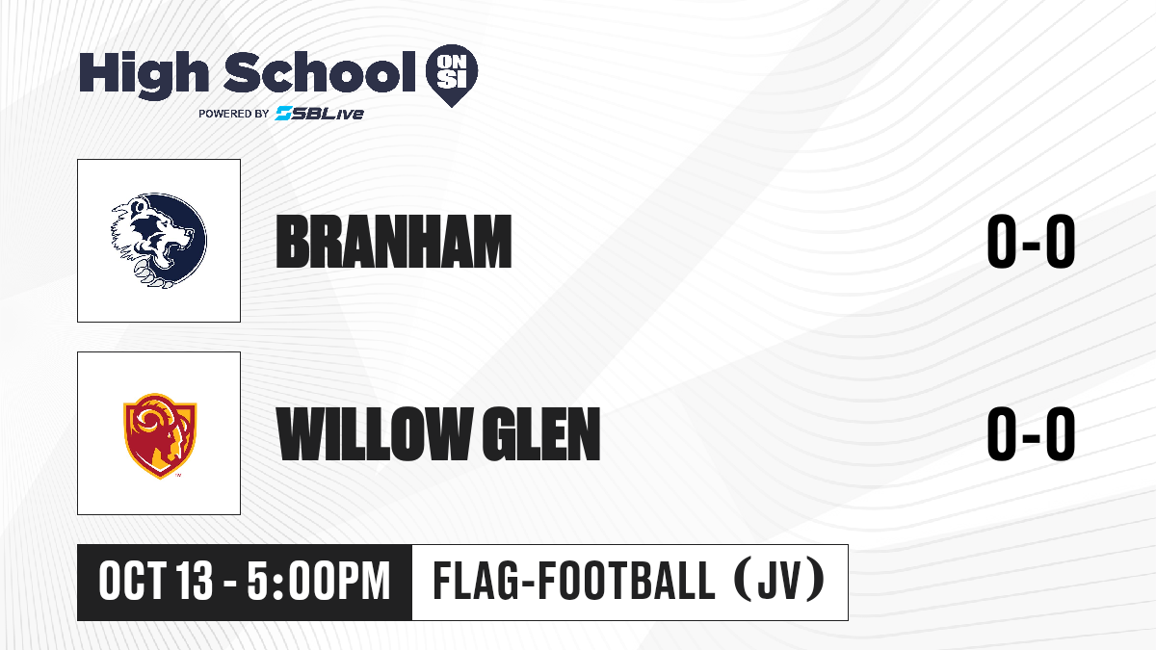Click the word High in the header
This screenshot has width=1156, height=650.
(x=144, y=74)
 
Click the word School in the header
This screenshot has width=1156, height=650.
(x=320, y=72)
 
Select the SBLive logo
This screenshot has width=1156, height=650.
(x=319, y=113)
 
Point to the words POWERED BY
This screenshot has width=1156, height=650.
(x=233, y=114)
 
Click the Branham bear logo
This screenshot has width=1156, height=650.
(x=159, y=241)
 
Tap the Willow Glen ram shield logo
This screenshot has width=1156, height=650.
(x=160, y=436)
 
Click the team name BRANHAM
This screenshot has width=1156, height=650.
(x=394, y=242)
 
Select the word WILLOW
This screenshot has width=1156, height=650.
(x=374, y=433)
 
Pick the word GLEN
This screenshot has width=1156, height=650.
(x=540, y=433)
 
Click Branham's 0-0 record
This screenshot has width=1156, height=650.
(x=1031, y=242)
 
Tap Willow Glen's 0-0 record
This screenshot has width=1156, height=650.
(x=1031, y=433)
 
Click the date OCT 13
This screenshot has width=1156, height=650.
(x=155, y=582)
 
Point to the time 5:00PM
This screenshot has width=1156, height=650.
(x=319, y=582)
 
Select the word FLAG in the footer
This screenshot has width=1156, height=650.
(x=475, y=582)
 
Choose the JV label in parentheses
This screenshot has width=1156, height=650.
(x=779, y=582)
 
